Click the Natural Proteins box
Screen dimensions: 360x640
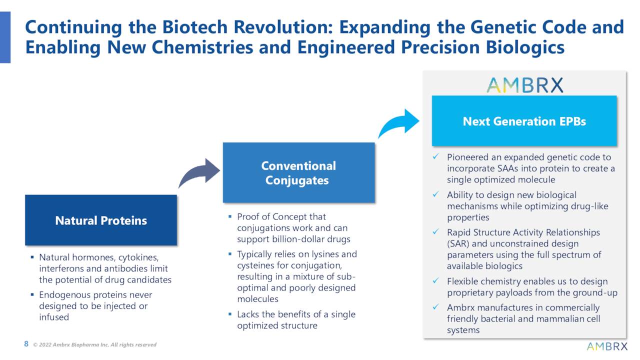(101, 220)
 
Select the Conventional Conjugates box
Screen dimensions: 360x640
(298, 173)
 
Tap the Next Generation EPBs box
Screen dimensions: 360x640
(524, 121)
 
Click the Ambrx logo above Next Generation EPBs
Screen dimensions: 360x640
(524, 85)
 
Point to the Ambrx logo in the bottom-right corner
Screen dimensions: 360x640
(606, 346)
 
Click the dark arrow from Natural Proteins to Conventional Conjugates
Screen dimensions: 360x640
(198, 172)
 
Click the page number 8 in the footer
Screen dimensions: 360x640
(26, 344)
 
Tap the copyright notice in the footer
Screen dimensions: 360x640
(94, 344)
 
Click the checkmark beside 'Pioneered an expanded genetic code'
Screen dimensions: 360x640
(436, 157)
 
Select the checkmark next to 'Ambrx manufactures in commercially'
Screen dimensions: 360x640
(436, 307)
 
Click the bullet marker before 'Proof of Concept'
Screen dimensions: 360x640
(229, 217)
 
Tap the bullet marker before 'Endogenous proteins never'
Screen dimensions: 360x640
(32, 295)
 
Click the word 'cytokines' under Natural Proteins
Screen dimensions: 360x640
(138, 257)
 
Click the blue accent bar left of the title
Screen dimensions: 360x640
(5, 37)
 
